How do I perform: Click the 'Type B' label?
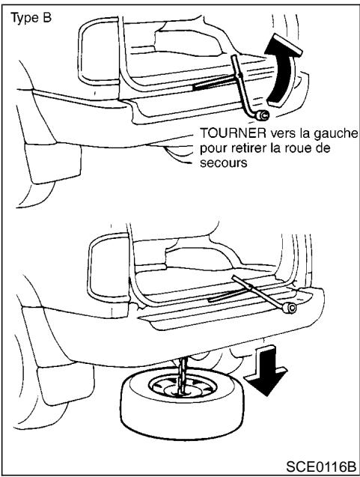(30, 16)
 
